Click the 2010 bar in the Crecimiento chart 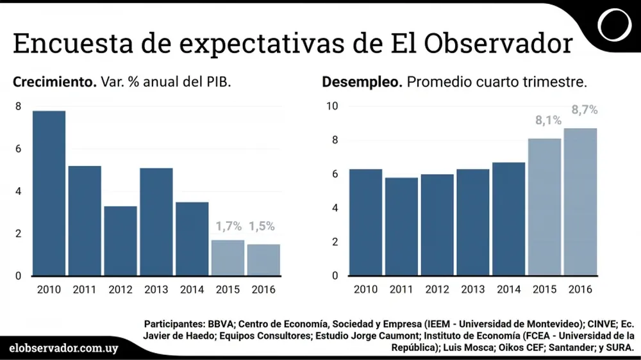click(49, 193)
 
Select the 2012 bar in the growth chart click(121, 241)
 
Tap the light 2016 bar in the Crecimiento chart click(263, 260)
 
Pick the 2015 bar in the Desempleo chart click(544, 207)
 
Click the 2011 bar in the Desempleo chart click(401, 227)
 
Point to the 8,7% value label click(584, 110)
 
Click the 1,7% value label click(228, 226)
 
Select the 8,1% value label click(549, 120)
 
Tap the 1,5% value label click(262, 226)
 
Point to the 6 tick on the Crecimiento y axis click(18, 149)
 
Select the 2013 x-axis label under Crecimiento click(156, 290)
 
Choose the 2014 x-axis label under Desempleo click(508, 290)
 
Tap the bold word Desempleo click(362, 83)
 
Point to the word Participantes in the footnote click(171, 323)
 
